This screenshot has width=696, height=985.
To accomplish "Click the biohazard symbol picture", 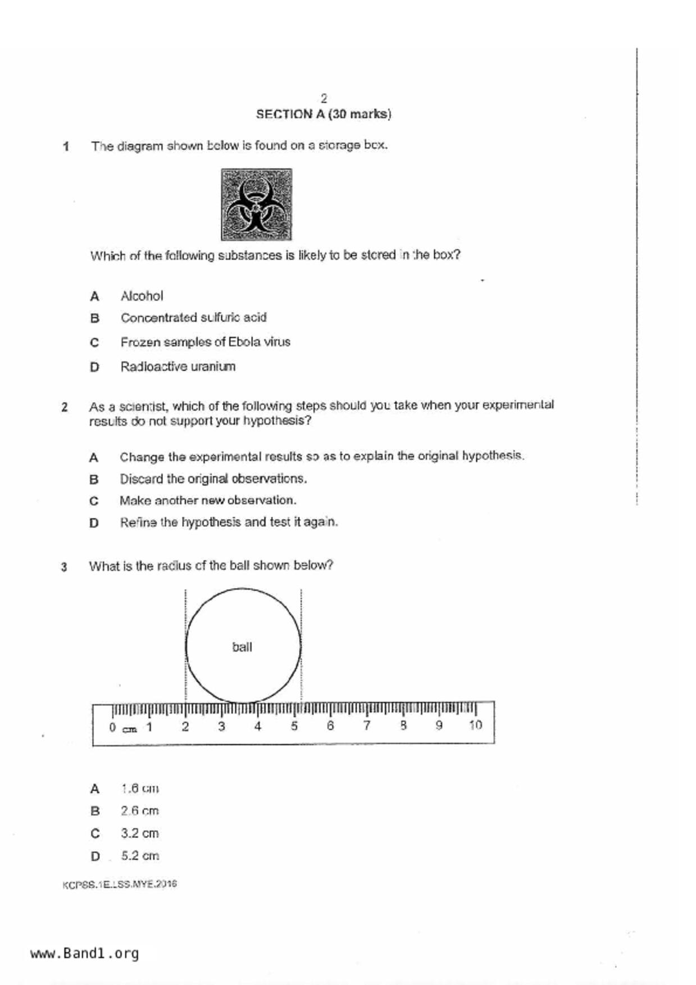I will (256, 204).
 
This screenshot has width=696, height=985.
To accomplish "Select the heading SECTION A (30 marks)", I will (324, 114).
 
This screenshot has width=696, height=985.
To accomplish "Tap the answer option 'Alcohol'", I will (142, 296).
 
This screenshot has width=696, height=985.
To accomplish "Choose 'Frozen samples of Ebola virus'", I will (205, 342).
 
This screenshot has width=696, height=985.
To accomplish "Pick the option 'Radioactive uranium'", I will (178, 367).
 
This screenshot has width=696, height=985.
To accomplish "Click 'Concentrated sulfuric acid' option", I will (193, 318).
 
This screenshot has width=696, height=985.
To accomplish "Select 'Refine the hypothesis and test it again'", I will (229, 522).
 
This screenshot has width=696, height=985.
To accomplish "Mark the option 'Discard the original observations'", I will (213, 479).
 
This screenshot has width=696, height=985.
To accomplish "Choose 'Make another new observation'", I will (207, 500).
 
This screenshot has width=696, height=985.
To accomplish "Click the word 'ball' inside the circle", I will (242, 647).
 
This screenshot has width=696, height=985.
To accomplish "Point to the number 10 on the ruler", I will (475, 725).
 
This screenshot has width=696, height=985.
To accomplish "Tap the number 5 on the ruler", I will (294, 726).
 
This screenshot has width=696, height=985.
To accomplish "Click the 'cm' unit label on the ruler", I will (130, 729).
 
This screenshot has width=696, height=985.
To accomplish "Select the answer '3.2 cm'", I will (140, 833).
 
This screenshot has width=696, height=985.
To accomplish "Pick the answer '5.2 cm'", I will (140, 856).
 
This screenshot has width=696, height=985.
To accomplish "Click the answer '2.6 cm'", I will (140, 811).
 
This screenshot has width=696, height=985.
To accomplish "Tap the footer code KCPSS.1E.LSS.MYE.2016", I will (120, 884).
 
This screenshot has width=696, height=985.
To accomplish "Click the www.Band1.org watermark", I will (84, 954).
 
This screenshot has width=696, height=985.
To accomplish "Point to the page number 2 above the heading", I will (324, 98).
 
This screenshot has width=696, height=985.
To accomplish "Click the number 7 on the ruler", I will (366, 726).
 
